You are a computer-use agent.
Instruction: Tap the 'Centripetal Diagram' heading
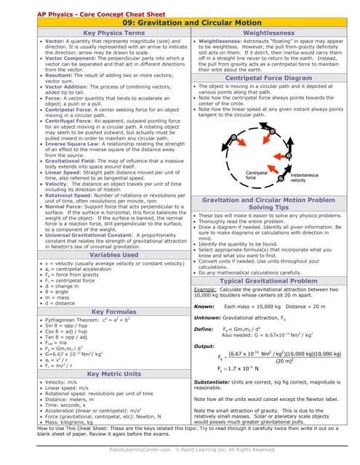[268, 77]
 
